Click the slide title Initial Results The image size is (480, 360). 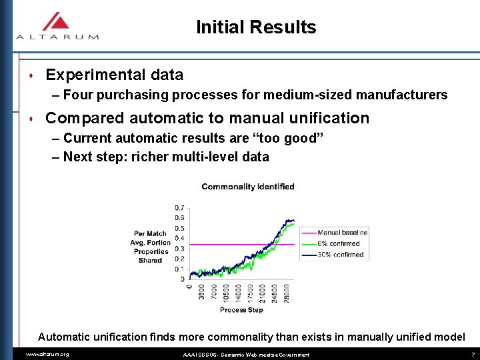(x=256, y=27)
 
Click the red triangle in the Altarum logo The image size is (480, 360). (x=57, y=21)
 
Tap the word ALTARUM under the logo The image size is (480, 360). (x=57, y=37)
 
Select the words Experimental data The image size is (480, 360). (x=114, y=75)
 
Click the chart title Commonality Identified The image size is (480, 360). (x=247, y=187)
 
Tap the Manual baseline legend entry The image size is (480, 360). (x=342, y=233)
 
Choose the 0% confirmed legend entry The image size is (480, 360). (x=340, y=243)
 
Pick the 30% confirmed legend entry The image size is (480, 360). (x=340, y=254)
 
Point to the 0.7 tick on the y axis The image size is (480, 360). (x=179, y=207)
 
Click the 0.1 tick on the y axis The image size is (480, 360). (x=179, y=269)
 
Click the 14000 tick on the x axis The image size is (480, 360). (x=238, y=291)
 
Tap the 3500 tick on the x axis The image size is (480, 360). (x=202, y=293)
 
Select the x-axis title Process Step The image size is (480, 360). (x=241, y=310)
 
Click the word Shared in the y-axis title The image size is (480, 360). (x=150, y=260)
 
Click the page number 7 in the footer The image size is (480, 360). (x=473, y=355)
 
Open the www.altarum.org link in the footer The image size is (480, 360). (x=47, y=355)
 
